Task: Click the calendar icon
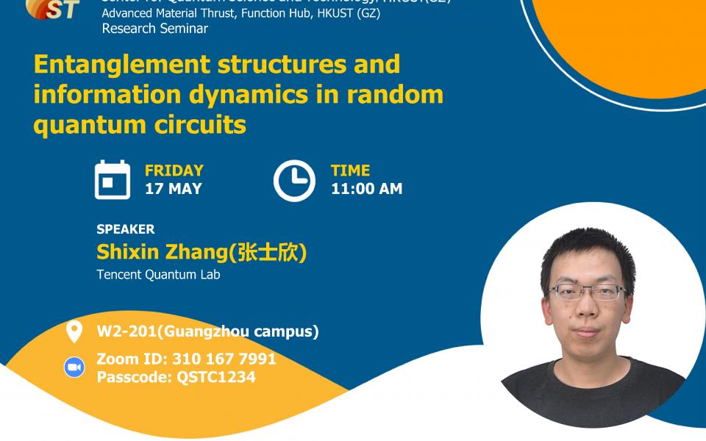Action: [x=113, y=179]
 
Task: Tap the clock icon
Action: [x=294, y=180]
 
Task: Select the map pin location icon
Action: [x=74, y=331]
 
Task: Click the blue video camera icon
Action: [x=74, y=367]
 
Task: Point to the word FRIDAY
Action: [x=174, y=171]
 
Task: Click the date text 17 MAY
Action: [x=173, y=189]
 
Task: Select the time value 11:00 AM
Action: [x=366, y=189]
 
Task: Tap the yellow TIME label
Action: [x=350, y=171]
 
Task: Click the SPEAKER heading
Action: [x=126, y=229]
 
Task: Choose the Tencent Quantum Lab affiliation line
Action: [x=158, y=275]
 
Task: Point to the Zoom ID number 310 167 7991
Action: [x=224, y=359]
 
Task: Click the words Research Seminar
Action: [x=154, y=29]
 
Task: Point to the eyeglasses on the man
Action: [x=588, y=292]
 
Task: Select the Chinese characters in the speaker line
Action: [x=267, y=253]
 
